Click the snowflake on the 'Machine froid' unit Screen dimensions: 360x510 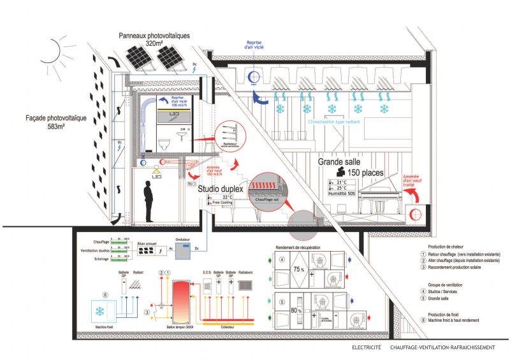pos(100,312)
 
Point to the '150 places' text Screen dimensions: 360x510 pos(365,173)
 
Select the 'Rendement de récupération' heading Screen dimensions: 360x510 pos(298,247)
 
